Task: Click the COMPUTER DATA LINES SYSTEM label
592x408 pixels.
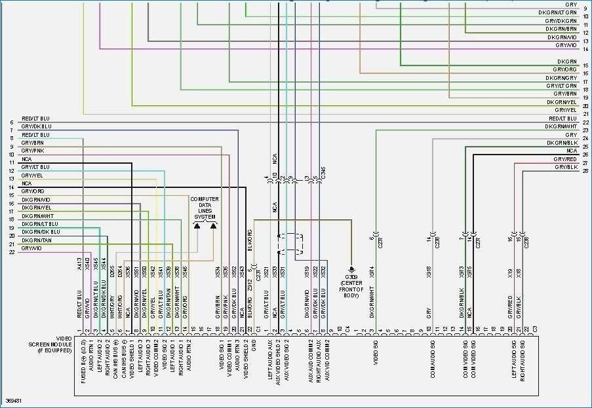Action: coord(205,208)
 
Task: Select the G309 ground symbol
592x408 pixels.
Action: coord(351,269)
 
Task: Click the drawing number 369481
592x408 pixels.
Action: coord(14,399)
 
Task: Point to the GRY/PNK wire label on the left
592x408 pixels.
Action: coord(33,151)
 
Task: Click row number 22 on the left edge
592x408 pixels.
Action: coord(12,252)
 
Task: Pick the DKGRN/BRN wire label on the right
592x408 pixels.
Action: coord(563,29)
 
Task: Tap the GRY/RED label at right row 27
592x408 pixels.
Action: coord(565,159)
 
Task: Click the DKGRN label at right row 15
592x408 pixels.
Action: coord(567,61)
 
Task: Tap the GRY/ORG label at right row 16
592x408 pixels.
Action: coord(564,69)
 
